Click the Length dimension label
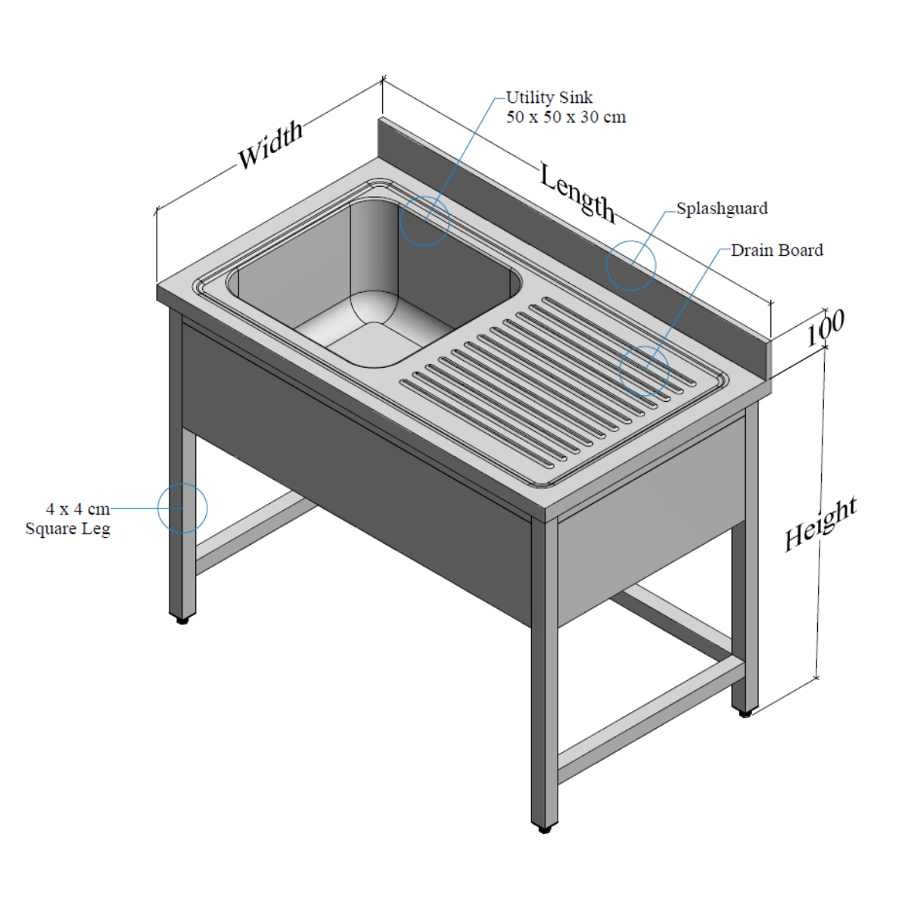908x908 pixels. [577, 192]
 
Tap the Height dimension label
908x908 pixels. [820, 524]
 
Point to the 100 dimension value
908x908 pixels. [825, 328]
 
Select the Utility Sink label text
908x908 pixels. [549, 98]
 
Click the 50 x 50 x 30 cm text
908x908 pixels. [566, 117]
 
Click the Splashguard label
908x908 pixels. [722, 209]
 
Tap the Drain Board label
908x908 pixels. [776, 250]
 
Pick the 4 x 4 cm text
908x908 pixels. [78, 509]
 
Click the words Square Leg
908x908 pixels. [68, 529]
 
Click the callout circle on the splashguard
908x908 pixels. [631, 265]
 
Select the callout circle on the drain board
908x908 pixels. [645, 371]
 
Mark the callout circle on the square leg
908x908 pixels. [182, 508]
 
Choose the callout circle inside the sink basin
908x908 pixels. [424, 221]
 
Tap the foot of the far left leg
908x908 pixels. [182, 620]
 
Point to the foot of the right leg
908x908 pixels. [745, 713]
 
